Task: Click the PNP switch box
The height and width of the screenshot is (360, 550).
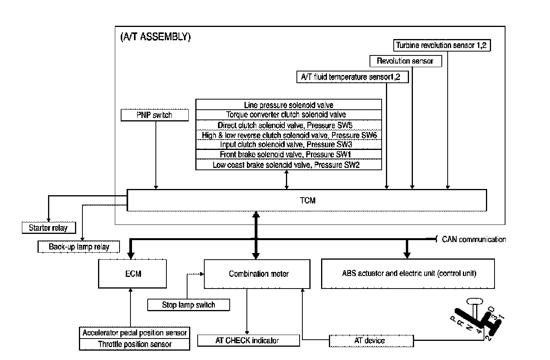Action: pos(154,115)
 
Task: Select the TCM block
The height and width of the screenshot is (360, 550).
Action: pos(307,200)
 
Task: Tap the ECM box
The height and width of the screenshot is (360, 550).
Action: pos(133,274)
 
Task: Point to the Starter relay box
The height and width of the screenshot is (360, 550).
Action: pos(48,228)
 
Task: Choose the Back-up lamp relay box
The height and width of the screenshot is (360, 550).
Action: pos(79,247)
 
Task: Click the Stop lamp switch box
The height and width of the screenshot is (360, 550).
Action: pos(188,305)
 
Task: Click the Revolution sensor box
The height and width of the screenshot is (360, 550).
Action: pos(405,61)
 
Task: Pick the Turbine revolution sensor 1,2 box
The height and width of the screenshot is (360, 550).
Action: pos(441,45)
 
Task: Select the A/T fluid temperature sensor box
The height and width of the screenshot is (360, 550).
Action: pos(351,77)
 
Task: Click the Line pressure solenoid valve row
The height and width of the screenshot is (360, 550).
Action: pos(289,105)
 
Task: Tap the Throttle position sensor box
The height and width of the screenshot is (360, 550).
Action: pos(134,344)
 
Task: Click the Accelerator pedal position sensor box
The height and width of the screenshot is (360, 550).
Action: pos(134,333)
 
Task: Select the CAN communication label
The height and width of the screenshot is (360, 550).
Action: pos(473,239)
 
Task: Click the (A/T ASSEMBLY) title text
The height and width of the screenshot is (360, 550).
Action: pos(155,37)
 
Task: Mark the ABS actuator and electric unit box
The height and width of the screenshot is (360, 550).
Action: pos(408,274)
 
